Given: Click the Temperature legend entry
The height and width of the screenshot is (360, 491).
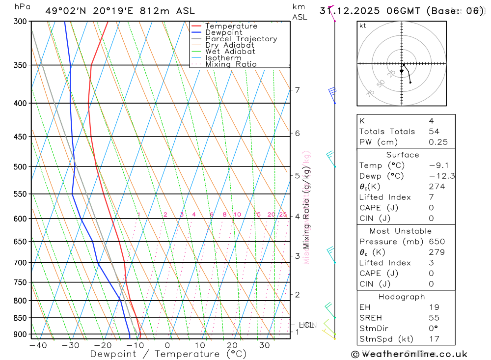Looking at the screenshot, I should coord(231,26).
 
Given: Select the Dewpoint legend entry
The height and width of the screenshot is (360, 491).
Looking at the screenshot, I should coord(223,32).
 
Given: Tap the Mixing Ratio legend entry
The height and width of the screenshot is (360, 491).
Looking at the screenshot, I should coord(231,64).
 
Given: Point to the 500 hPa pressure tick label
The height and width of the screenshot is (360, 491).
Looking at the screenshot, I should coord(20,166).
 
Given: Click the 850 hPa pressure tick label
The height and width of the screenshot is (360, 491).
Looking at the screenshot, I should coord(20,318).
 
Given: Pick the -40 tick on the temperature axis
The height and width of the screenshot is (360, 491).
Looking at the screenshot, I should coord(38,345).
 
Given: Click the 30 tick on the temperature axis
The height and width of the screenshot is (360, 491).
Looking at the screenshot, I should coord(265,345).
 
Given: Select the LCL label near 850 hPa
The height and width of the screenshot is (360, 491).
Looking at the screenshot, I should coord(305,325).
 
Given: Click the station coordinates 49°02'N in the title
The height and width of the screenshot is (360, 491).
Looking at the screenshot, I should coord(64,11).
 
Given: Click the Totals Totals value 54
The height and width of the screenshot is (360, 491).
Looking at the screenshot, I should coord(434,131).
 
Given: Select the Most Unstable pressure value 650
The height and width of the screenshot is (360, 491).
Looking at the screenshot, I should coord(436,242).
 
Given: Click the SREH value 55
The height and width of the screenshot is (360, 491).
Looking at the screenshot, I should coord(434,318).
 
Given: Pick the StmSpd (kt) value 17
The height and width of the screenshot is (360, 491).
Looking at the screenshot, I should coord(434,339).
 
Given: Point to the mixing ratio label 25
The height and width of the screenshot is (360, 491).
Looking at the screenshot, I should coord(283,215).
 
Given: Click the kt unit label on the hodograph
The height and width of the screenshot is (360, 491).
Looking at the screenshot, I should coord(363,26).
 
